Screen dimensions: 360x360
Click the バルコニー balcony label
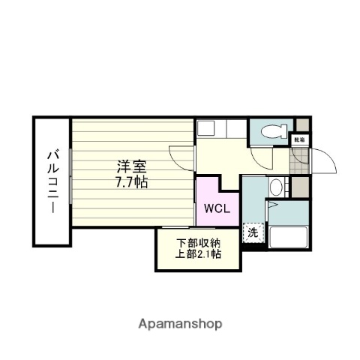(52, 182)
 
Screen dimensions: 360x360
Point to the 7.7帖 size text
(131, 181)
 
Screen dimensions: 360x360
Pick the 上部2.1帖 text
(199, 255)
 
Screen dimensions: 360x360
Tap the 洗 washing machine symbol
(253, 232)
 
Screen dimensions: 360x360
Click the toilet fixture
(271, 131)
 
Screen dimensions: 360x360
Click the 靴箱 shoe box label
(299, 139)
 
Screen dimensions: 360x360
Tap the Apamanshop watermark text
(179, 324)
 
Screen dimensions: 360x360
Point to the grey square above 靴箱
(301, 124)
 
